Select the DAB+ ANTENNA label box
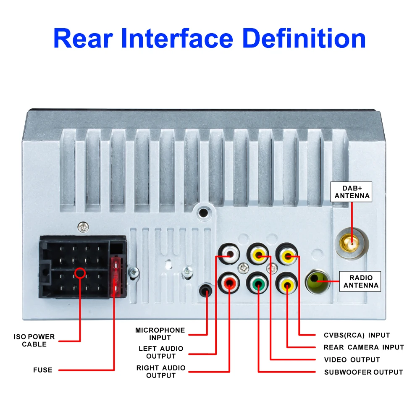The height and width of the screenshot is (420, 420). point(352,192)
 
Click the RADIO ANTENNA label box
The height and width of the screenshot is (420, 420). point(361,281)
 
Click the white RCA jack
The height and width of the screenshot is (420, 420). point(229,254)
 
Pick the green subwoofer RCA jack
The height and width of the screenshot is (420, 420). point(258,283)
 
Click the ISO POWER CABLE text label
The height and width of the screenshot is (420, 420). point(34,341)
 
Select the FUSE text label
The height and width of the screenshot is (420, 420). point(43,370)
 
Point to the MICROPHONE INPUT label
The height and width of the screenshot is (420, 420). point(160,334)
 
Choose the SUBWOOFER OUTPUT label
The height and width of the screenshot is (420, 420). point(363,372)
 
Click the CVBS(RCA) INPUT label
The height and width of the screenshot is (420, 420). point(357,335)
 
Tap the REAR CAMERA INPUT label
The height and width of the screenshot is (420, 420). point(364,347)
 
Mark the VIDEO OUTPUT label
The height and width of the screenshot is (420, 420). point(352,360)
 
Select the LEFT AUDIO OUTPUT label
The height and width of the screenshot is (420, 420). point(161,352)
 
